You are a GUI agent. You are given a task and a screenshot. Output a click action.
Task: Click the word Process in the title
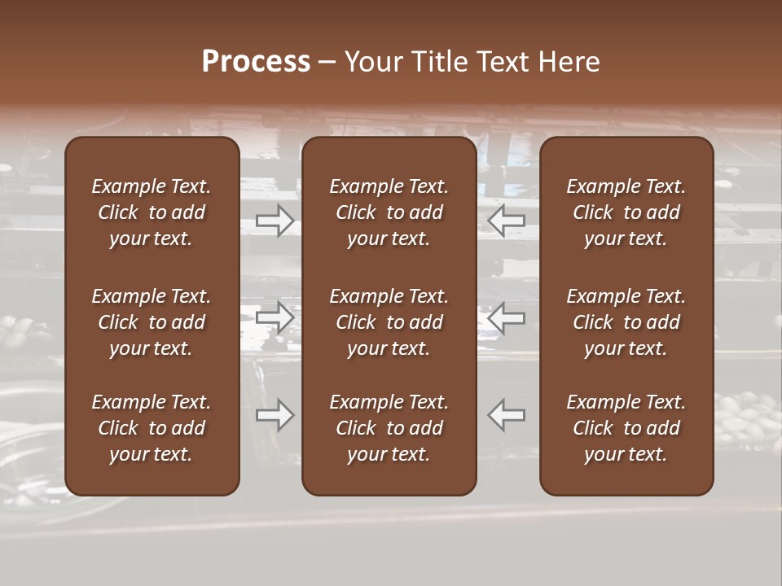click(x=256, y=62)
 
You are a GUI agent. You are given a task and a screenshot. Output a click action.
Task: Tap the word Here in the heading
click(x=569, y=62)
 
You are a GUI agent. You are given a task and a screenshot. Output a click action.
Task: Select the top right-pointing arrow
click(x=275, y=220)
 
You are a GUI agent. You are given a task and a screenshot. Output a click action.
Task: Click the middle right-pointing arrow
click(x=275, y=317)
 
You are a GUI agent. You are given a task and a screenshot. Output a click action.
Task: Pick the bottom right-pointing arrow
click(x=275, y=415)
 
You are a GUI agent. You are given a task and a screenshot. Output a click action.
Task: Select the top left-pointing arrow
click(x=507, y=220)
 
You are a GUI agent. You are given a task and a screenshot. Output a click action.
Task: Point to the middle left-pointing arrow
click(x=507, y=317)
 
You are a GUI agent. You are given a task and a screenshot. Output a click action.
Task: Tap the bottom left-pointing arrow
click(x=507, y=415)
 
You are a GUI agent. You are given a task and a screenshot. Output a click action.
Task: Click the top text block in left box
click(x=152, y=212)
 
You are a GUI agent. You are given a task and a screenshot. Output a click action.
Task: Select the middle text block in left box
click(x=152, y=322)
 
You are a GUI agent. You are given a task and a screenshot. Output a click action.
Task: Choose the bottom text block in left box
click(x=152, y=428)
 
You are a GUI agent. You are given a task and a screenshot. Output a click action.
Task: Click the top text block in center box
click(x=389, y=212)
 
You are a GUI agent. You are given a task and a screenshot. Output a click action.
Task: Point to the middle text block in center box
click(x=389, y=322)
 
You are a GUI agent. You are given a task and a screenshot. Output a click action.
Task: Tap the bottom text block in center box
click(x=389, y=428)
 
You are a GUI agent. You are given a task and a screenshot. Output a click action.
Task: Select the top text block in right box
click(x=626, y=212)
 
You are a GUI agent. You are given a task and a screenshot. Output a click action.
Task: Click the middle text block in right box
click(x=626, y=322)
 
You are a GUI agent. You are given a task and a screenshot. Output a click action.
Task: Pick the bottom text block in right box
click(x=626, y=428)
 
